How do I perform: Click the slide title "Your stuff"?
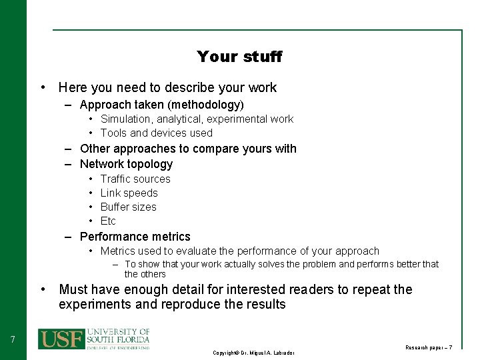click(x=239, y=57)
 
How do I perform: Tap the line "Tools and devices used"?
click(x=156, y=133)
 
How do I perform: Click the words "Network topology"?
click(x=126, y=164)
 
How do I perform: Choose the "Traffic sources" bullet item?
click(x=135, y=179)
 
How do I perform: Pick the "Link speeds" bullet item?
click(x=129, y=193)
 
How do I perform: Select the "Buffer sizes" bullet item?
click(x=128, y=207)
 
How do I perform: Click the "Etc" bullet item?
click(x=108, y=221)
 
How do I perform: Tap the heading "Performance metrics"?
click(x=135, y=237)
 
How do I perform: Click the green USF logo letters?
click(x=61, y=339)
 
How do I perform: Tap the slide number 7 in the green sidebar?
click(x=13, y=340)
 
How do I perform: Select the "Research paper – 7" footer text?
click(x=429, y=347)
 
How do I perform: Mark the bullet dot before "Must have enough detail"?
click(x=43, y=289)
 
